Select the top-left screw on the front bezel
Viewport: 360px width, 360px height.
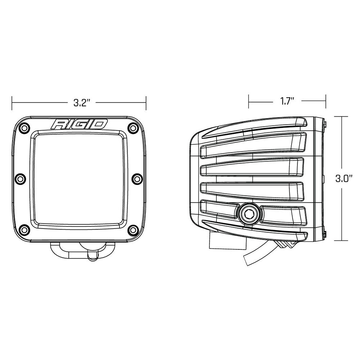click(x=24, y=127)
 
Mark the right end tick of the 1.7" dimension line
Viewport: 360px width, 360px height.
click(x=326, y=102)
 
